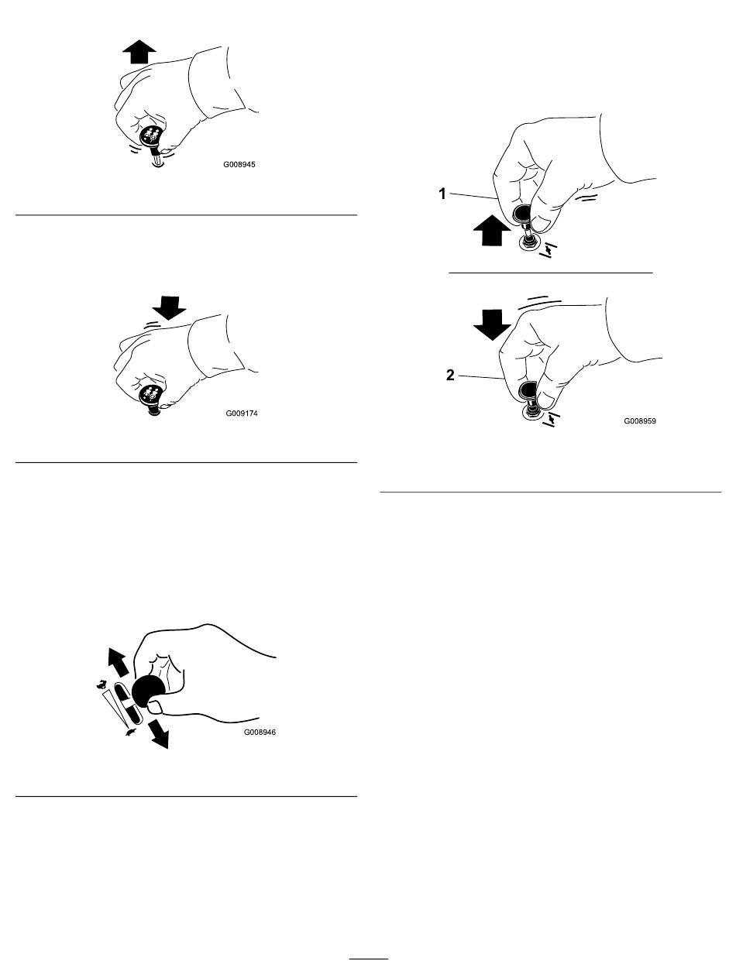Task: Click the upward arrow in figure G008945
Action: pyautogui.click(x=139, y=52)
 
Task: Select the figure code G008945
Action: pyautogui.click(x=239, y=165)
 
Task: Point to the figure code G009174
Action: pyautogui.click(x=242, y=413)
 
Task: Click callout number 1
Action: pyautogui.click(x=442, y=194)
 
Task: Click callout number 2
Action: pyautogui.click(x=450, y=375)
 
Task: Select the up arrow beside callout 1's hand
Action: pyautogui.click(x=491, y=230)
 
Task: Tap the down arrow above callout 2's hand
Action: pyautogui.click(x=492, y=325)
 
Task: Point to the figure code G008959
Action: pyautogui.click(x=640, y=420)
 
